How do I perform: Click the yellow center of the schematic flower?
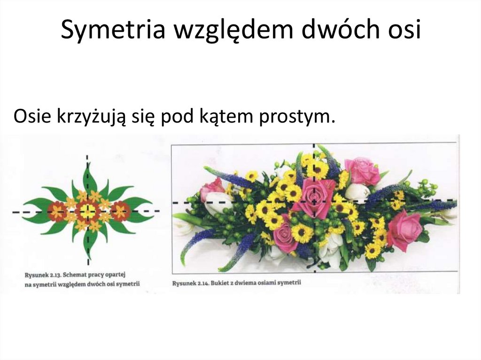coord(87,211)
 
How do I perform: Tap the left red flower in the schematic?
coord(57,211)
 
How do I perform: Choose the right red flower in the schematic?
coord(120,211)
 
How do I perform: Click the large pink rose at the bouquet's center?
coord(313,197)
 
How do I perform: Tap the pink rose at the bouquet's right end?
coord(404,230)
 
